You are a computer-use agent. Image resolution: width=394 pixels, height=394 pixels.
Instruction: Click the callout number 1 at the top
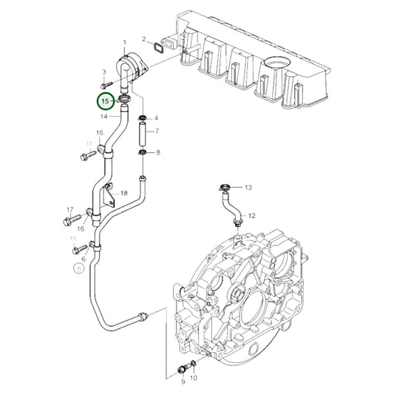point(124,42)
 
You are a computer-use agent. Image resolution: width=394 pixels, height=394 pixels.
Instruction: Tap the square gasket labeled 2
point(158,50)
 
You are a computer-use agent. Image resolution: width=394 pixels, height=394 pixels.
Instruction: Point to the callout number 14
point(104,116)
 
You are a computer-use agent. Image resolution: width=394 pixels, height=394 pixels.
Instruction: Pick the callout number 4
point(156,118)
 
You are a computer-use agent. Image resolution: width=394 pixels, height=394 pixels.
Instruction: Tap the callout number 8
point(156,153)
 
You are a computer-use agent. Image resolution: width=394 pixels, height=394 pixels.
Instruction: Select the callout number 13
point(248,188)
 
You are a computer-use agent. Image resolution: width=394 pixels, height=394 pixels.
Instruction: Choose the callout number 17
point(70,209)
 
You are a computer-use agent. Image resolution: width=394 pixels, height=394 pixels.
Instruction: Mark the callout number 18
point(124,193)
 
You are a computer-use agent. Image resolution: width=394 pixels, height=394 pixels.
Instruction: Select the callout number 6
point(84,259)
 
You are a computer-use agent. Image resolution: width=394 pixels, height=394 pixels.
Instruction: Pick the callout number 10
point(195,378)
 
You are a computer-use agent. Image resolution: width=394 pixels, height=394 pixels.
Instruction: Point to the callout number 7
point(156,131)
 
